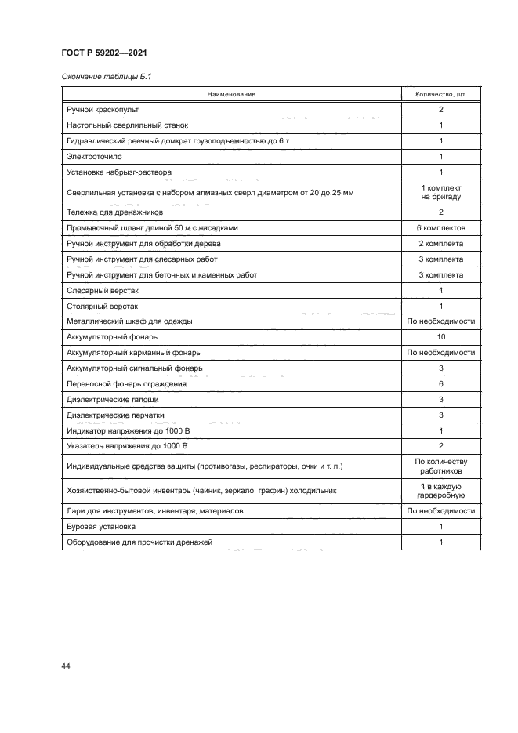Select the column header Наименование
pos(231,94)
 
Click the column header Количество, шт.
pos(440,94)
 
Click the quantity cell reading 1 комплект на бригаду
pos(440,192)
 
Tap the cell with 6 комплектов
pos(440,228)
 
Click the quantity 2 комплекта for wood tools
pos(440,244)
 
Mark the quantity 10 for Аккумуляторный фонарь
pos(440,337)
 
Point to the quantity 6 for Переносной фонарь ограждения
pos(440,384)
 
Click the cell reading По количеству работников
pos(440,466)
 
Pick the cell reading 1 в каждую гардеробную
pos(440,491)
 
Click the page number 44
pos(66,666)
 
